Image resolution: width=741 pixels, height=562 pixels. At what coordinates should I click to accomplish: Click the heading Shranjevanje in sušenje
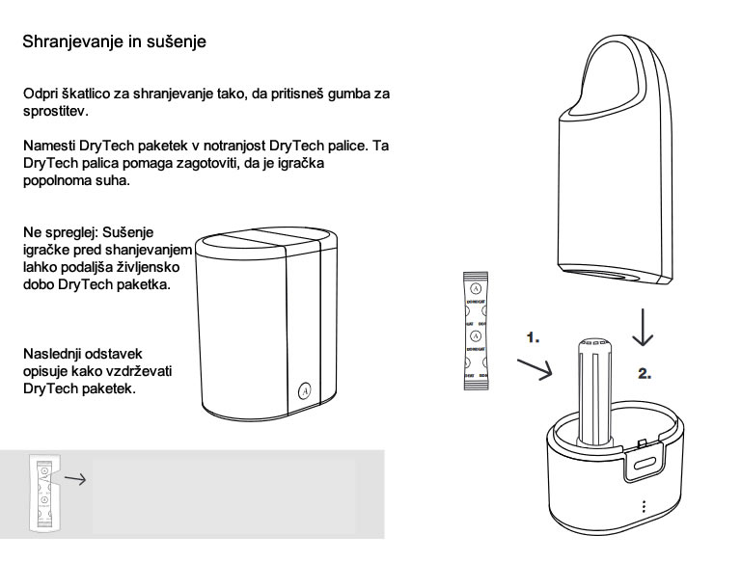tap(115, 41)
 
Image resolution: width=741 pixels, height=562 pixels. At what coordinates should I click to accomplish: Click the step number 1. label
tap(533, 337)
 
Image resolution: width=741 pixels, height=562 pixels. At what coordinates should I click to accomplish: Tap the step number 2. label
tap(645, 374)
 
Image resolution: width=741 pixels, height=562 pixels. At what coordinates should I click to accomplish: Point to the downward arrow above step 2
tap(643, 327)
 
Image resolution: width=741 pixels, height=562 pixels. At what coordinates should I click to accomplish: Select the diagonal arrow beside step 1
tap(535, 369)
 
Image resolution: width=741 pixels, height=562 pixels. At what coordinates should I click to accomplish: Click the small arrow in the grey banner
tap(75, 479)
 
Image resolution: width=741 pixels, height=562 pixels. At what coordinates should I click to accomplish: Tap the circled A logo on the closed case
tap(305, 390)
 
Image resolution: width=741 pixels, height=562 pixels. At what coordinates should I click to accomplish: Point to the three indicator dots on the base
tap(644, 506)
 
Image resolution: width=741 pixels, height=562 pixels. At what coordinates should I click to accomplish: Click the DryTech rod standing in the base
tap(594, 392)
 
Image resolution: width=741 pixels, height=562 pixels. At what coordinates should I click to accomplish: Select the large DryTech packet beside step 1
tap(476, 331)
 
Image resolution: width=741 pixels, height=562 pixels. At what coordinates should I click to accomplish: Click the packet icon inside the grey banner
tap(44, 493)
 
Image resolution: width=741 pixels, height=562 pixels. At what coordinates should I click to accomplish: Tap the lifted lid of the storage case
tap(615, 161)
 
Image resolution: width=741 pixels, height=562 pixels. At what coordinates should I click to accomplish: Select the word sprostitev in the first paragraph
tap(56, 112)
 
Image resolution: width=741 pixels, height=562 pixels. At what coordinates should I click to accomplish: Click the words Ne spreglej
tap(61, 233)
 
